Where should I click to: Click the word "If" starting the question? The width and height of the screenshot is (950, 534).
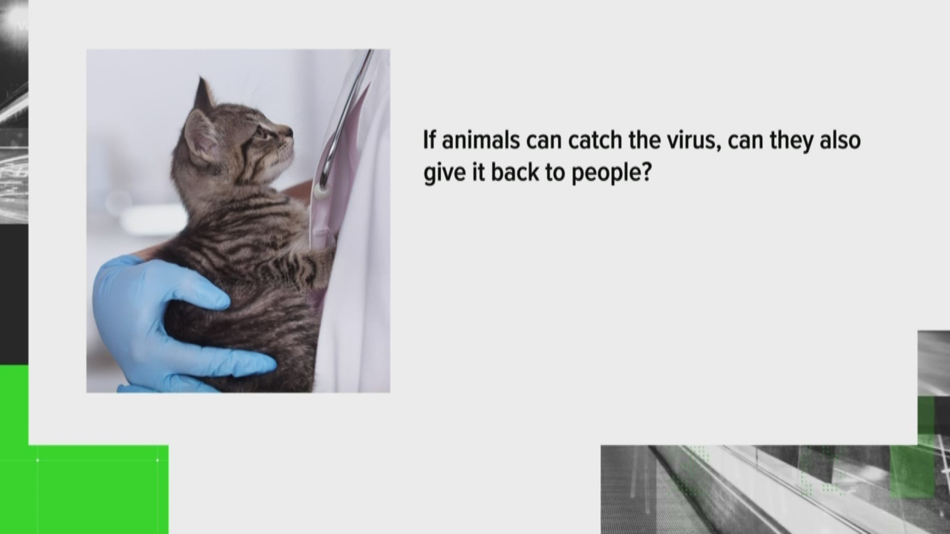click(x=429, y=141)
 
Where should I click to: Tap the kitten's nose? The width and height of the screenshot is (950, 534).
click(x=289, y=132)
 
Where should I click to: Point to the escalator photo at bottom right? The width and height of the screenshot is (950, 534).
click(x=775, y=489)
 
